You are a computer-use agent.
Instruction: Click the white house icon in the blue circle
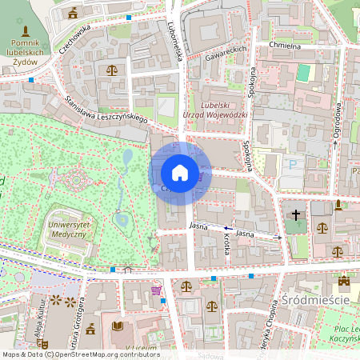180,172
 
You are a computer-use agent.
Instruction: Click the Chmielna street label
284,46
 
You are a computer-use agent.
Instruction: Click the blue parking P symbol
292,163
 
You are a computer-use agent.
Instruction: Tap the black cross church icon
296,215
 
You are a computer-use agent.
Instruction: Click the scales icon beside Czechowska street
111,70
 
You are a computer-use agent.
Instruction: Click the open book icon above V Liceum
118,327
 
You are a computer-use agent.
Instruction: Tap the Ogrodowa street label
338,120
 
